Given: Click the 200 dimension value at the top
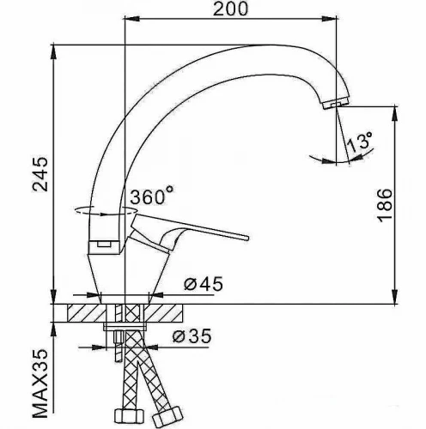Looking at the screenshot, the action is point(230,9).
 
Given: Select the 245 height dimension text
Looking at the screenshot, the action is point(40,173).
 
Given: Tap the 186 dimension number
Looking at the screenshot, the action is point(384,205).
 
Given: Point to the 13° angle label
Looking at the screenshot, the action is point(360,142).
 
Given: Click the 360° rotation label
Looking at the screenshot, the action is point(152,195).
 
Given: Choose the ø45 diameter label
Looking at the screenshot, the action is point(204,284).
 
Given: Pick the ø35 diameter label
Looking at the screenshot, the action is point(192,335).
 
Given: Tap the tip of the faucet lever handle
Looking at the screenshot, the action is point(247,238).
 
